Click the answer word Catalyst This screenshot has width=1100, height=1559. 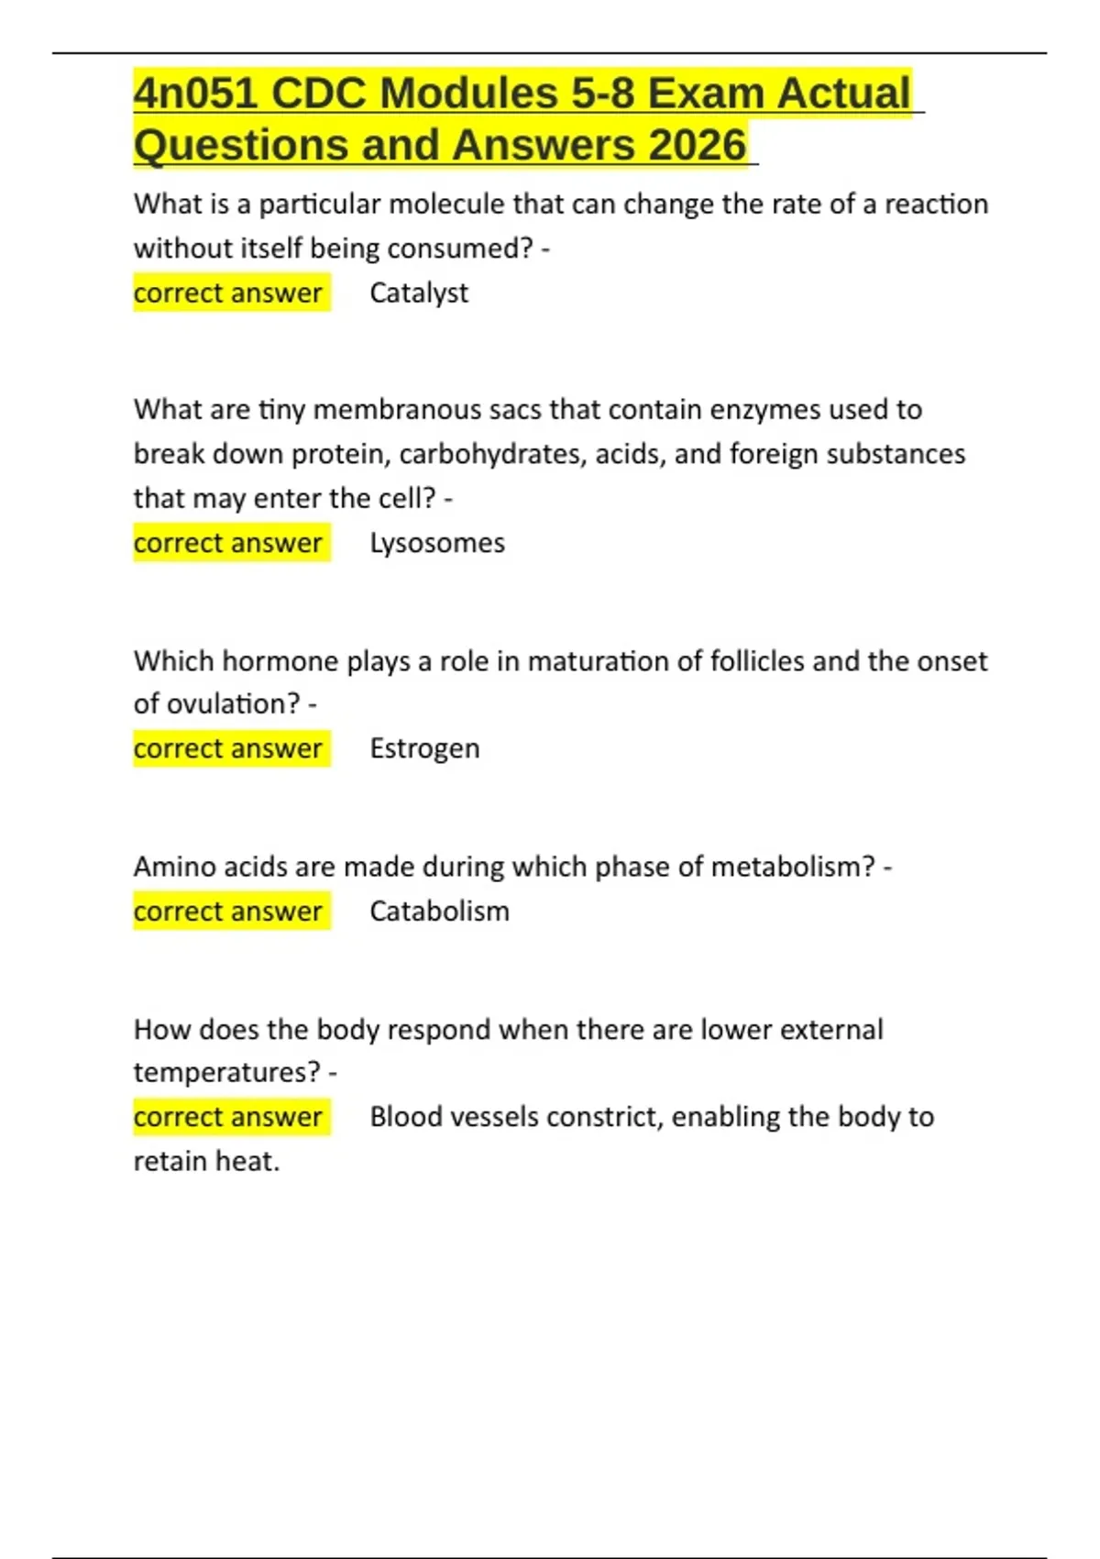point(419,293)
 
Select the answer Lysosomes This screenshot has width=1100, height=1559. point(437,544)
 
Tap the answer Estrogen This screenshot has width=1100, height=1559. point(424,749)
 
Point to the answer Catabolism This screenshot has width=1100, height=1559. point(439,912)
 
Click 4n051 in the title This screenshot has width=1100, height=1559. point(195,94)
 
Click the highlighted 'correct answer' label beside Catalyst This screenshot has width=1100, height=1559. point(228,293)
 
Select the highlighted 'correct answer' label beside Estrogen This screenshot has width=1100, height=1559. point(228,749)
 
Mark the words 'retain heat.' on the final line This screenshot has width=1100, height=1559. point(206,1162)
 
